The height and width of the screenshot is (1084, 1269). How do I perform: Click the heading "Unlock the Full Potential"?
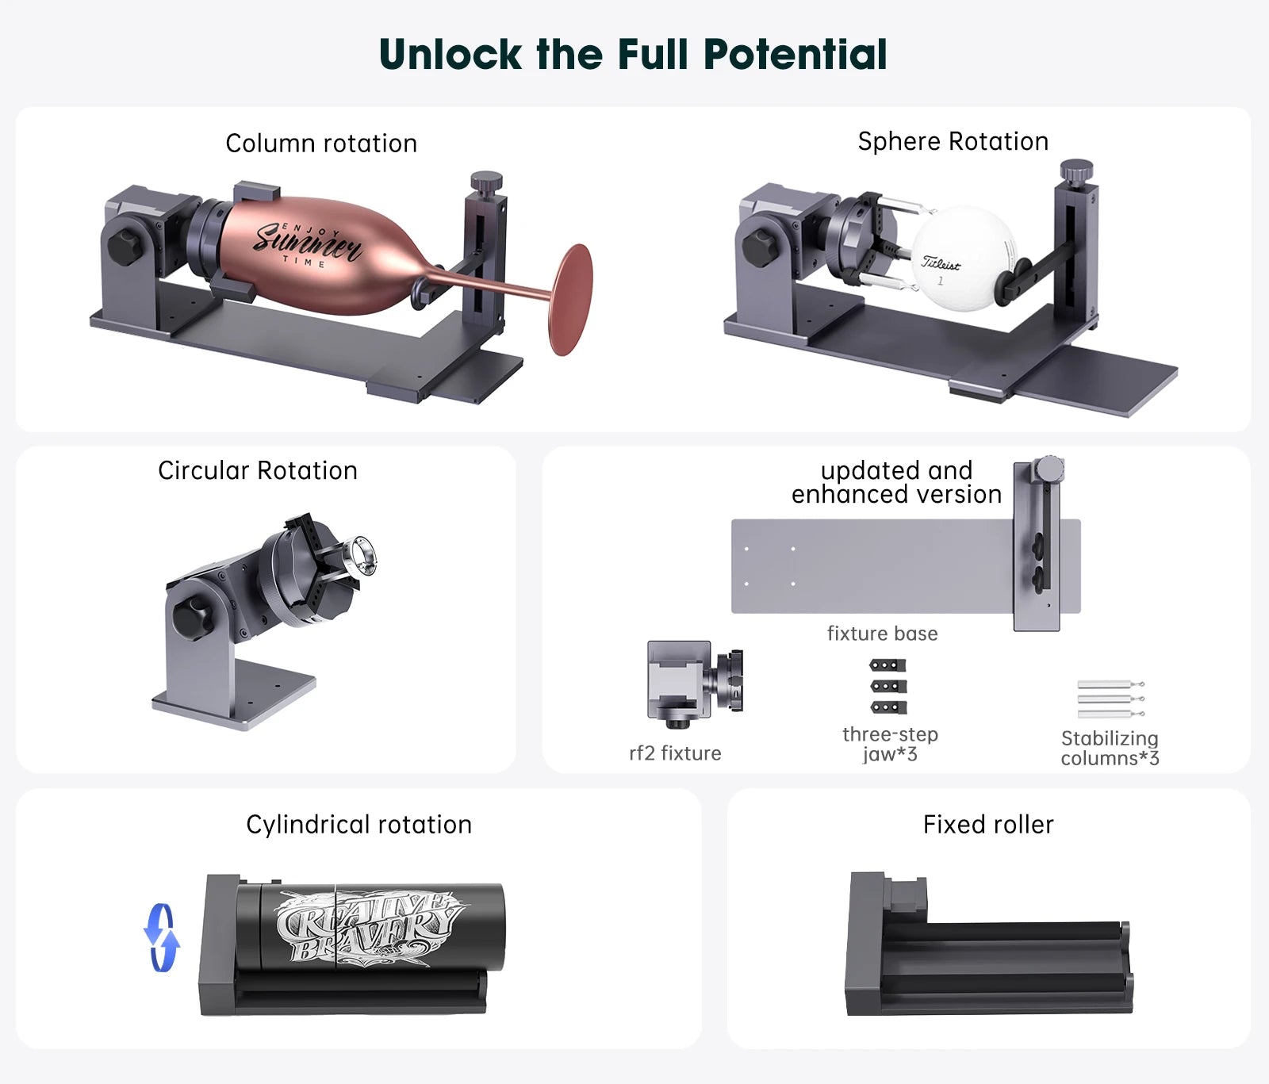[x=633, y=55]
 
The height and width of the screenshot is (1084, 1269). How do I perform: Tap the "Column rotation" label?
[x=321, y=144]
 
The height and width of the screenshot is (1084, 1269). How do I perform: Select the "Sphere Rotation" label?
[x=953, y=141]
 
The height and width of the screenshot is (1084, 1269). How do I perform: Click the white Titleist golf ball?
[x=962, y=259]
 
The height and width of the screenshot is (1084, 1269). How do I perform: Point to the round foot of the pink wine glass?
[x=572, y=300]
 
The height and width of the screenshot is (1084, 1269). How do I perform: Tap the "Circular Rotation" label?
[x=258, y=470]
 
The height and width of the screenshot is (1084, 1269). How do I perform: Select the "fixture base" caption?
[x=882, y=634]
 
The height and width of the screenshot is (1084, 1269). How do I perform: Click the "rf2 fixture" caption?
[x=675, y=753]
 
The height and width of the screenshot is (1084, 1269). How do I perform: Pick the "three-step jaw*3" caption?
[x=890, y=744]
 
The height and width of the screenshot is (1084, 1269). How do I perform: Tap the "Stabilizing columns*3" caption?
[x=1110, y=748]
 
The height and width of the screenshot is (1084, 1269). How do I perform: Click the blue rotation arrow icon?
[x=162, y=937]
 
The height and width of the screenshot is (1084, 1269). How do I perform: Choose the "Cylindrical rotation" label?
[x=358, y=825]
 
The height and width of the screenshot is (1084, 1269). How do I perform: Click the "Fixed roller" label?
[x=988, y=825]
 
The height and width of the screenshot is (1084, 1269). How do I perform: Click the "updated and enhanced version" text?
[x=896, y=482]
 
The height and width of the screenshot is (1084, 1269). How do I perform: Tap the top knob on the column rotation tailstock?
[x=486, y=182]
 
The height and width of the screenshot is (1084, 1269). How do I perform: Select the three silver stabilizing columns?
[x=1110, y=699]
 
